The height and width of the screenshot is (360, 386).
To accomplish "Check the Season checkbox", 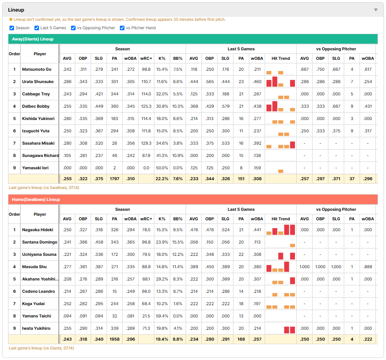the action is click(x=12, y=28).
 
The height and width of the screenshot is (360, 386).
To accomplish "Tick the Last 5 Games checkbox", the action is click(x=37, y=28).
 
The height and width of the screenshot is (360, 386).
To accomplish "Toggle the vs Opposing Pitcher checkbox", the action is click(x=73, y=28).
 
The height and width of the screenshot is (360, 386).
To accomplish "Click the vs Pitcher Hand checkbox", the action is click(x=122, y=28).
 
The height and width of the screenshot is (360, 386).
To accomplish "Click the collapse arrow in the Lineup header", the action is click(x=376, y=10).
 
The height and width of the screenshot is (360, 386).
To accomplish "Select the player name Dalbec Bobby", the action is click(x=36, y=106).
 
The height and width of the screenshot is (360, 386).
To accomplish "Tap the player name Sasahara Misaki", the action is click(x=38, y=143).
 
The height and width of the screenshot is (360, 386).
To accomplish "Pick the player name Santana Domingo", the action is click(x=40, y=242).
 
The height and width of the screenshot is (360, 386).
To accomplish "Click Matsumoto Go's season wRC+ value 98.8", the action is click(x=146, y=69).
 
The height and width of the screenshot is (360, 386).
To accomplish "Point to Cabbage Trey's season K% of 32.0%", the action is click(x=162, y=94).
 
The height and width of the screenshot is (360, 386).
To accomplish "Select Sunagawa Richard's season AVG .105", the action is click(x=67, y=156).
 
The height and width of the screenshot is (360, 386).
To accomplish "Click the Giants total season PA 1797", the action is click(x=115, y=179).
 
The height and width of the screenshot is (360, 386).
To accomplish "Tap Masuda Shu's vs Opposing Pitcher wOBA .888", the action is click(x=368, y=267).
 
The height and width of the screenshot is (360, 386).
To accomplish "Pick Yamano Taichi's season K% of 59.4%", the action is click(x=162, y=316).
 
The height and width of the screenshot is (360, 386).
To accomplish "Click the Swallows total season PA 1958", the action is click(x=115, y=339).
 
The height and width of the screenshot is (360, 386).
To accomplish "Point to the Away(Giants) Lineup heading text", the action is click(x=33, y=39).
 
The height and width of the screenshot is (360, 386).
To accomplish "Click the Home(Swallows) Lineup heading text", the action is click(x=36, y=199).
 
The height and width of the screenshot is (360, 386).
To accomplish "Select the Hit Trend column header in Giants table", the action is click(x=281, y=58).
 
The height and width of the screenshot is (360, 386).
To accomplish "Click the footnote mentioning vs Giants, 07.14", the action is click(x=41, y=348).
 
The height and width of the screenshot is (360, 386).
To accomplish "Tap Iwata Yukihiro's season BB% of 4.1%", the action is click(x=178, y=328).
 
